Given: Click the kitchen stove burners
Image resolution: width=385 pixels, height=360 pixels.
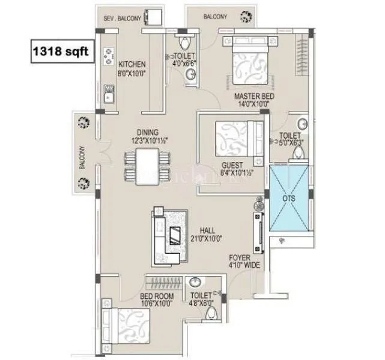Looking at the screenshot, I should click(110, 55).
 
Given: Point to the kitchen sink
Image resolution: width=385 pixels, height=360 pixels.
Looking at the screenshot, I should click(110, 95).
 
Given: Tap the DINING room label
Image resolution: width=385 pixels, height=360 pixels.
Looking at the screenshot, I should click(147, 133).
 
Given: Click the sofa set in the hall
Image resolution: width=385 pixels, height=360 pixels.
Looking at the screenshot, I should click(171, 235).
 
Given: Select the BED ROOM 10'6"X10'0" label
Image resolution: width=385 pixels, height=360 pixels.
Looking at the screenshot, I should click(157, 300).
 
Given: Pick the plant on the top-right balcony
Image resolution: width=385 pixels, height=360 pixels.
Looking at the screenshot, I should click(245, 17).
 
